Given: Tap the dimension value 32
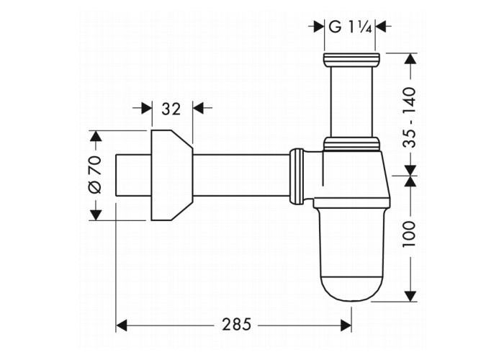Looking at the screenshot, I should coord(171,109).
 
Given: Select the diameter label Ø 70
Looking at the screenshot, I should coord(94,175).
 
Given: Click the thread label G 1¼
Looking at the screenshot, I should coord(349,27).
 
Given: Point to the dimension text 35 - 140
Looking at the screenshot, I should coord(409,117).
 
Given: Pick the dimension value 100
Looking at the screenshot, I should coord(409,234).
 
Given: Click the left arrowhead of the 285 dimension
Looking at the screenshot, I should coord(122,325).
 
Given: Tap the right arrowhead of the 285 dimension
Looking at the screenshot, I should coord(346,325).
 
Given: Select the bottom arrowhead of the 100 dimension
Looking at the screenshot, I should coord(409,296).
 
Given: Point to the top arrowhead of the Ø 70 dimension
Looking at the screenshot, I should coord(94,136).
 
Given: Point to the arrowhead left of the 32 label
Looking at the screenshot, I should coord(146,109).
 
